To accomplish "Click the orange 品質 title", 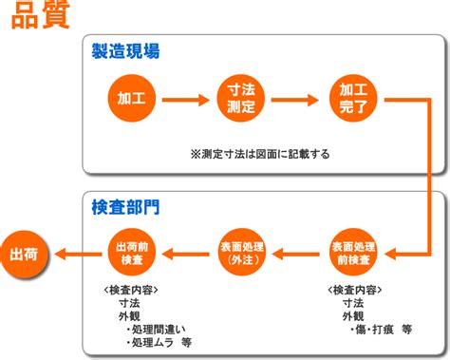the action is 40,14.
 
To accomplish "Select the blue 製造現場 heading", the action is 125,51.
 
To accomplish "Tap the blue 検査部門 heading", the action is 125,207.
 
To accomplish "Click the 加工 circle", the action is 132,98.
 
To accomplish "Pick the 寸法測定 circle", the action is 241,98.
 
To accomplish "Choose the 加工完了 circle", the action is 353,98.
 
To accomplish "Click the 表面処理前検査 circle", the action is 353,253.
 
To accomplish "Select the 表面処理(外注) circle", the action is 242,253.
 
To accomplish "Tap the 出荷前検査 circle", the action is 132,253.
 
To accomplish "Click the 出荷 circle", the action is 25,255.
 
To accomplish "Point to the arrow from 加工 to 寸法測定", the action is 186,100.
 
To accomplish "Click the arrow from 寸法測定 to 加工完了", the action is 295,100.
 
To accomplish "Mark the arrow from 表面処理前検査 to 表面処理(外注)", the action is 295,254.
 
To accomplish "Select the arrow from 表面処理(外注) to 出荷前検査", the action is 185,254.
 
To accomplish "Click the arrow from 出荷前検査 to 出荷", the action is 78,254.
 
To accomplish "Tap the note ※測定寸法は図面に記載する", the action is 260,154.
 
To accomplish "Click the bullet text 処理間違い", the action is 156,330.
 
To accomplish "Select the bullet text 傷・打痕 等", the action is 381,330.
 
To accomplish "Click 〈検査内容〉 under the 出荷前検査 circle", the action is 131,290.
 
